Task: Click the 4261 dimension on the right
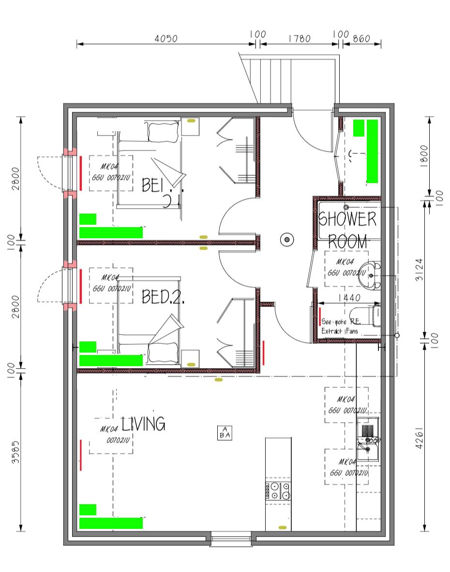coord(420,438)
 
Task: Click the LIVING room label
coord(143,424)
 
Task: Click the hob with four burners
coord(278,490)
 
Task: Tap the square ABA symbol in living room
coord(225,433)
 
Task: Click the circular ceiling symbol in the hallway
coord(287,239)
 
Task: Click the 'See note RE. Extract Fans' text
coord(341,325)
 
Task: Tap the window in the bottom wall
coord(231,538)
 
